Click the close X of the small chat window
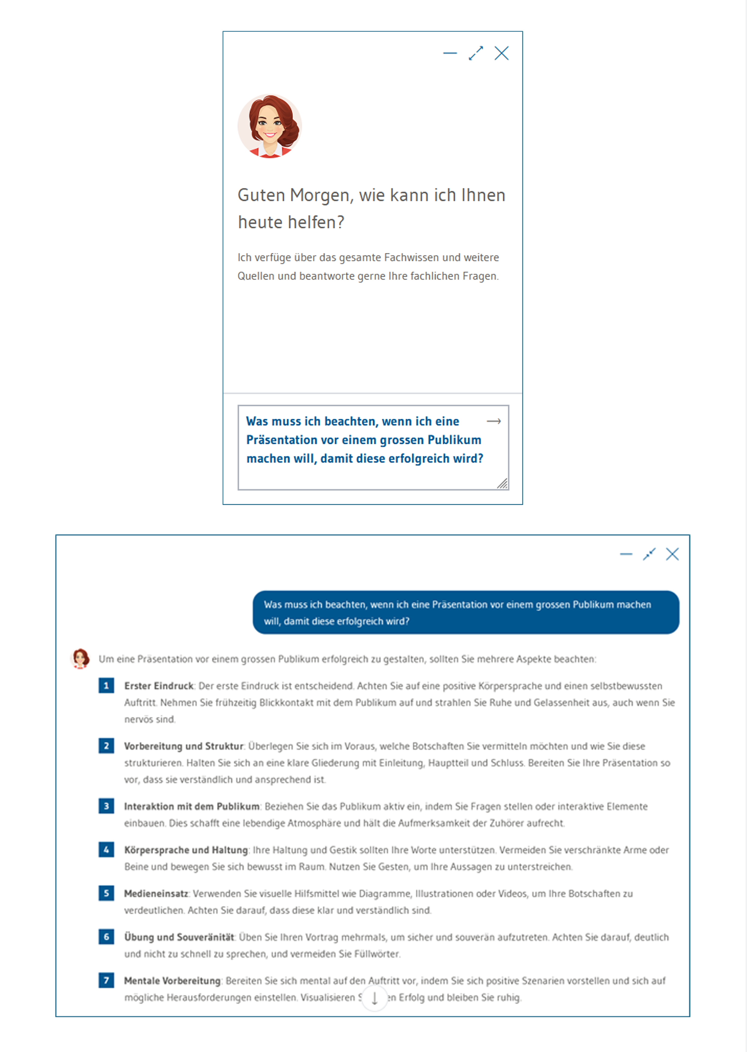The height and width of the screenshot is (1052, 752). click(501, 53)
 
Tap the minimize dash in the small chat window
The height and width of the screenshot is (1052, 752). click(450, 53)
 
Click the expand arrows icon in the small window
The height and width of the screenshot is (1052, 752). click(476, 53)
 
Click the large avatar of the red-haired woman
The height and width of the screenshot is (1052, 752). click(270, 126)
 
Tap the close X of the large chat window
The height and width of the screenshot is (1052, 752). click(672, 554)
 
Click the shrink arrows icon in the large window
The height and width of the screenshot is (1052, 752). click(649, 554)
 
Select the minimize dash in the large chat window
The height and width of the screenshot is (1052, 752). click(626, 554)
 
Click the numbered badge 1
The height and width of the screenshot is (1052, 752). click(106, 685)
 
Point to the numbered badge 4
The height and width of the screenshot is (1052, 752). click(106, 849)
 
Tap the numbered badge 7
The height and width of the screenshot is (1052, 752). click(106, 980)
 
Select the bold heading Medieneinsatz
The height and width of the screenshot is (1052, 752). click(156, 893)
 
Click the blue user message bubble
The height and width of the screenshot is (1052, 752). click(465, 612)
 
